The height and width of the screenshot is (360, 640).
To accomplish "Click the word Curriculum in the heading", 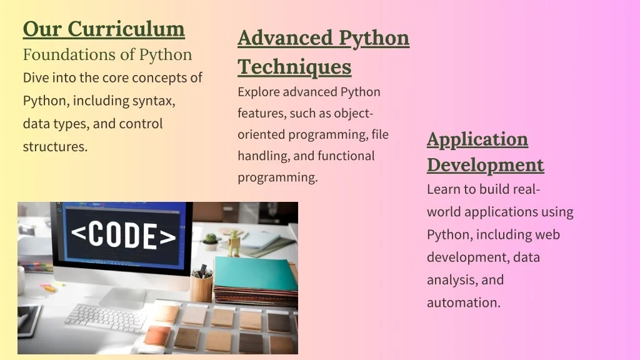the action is pos(126,29).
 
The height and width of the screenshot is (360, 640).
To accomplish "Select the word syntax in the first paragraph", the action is pos(154,101).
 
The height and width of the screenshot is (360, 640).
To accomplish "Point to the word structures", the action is pos(55,146).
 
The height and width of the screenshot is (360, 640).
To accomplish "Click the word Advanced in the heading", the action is pos(285,38).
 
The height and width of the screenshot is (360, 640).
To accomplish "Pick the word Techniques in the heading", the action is pos(294,66).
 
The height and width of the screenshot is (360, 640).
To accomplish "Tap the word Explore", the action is pos(258,92).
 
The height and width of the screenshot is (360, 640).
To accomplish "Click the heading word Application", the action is pos(477,140).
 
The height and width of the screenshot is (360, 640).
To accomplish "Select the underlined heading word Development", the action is pos(485,165).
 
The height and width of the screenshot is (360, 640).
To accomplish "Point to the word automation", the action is pos(464,302).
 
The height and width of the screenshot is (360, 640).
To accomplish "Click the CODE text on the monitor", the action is pos(123,236).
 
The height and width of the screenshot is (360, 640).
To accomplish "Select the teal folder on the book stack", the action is pos(256,274).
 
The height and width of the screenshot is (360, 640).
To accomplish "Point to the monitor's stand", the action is pos(122,297).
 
